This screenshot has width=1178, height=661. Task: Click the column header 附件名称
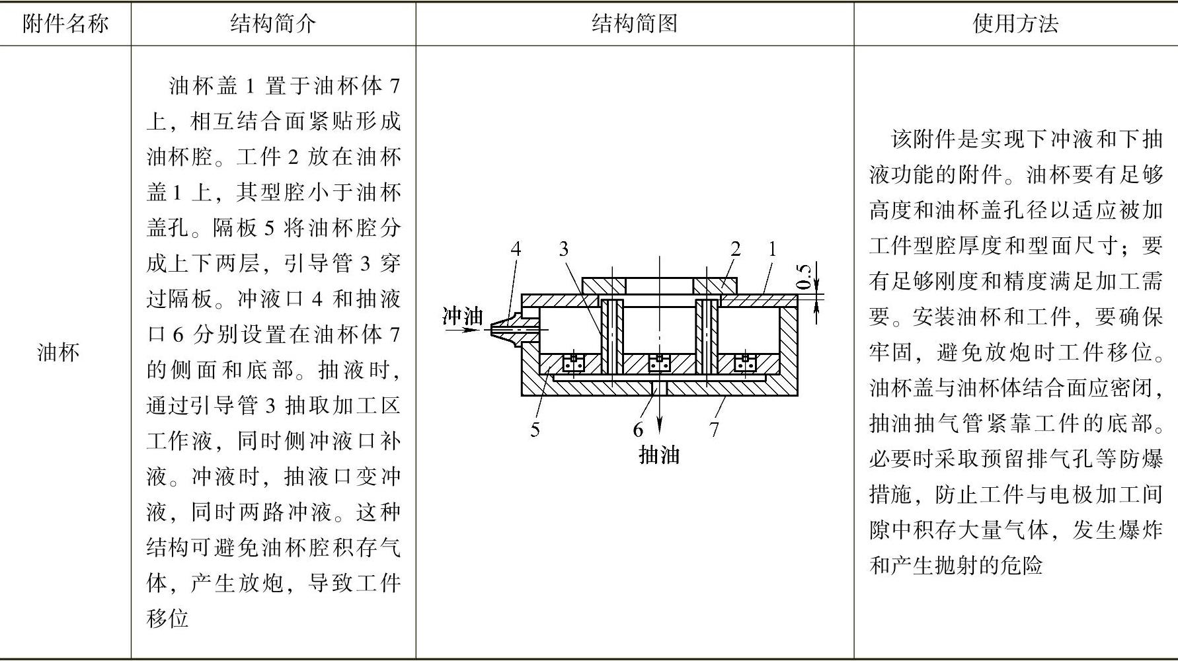(65, 24)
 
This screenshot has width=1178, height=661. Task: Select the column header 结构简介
(273, 24)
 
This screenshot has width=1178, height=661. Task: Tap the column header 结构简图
(635, 24)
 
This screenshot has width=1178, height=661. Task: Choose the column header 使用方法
(1015, 24)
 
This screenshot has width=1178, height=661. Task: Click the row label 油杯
(59, 352)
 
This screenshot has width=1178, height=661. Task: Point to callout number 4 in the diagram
(516, 249)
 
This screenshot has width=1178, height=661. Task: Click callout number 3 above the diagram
(563, 249)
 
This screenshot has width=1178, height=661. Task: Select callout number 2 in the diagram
(736, 249)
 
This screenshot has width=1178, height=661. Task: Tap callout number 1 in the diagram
(771, 249)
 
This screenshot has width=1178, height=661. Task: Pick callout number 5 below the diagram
(535, 430)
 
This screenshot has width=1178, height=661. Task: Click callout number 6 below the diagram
(638, 430)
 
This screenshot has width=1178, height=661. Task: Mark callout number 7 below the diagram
(714, 430)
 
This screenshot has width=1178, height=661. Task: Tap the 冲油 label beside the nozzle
(463, 316)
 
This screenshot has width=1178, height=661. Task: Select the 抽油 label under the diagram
(659, 455)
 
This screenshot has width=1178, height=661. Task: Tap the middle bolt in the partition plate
(658, 362)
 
